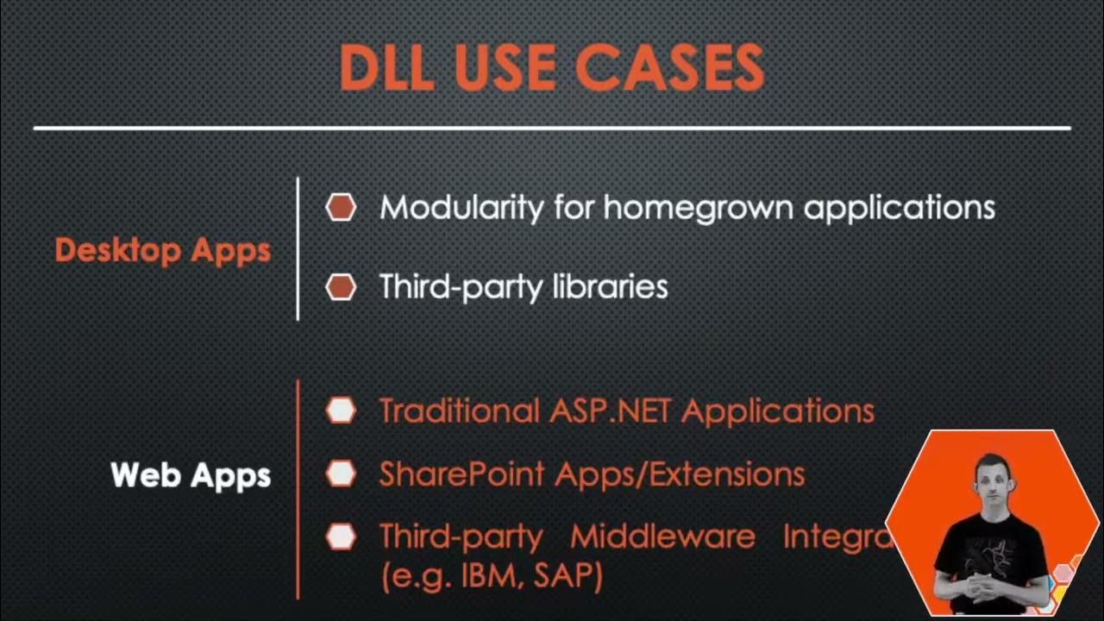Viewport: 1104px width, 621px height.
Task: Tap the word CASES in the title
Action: click(x=669, y=66)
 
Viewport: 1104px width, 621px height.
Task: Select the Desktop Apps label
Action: click(x=163, y=250)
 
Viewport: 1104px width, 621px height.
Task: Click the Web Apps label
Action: click(x=191, y=474)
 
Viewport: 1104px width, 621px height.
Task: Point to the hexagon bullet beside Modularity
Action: click(x=341, y=207)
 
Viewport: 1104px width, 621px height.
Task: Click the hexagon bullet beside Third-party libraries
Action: click(x=341, y=286)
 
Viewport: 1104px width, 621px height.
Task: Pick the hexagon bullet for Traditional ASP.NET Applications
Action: click(x=341, y=411)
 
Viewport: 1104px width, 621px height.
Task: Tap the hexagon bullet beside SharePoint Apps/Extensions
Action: click(x=341, y=473)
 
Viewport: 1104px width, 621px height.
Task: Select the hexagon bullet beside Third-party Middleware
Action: click(x=341, y=536)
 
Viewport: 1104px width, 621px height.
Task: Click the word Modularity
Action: click(x=461, y=207)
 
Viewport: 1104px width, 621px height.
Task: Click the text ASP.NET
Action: click(x=611, y=411)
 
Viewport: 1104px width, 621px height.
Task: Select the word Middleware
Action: click(x=662, y=536)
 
